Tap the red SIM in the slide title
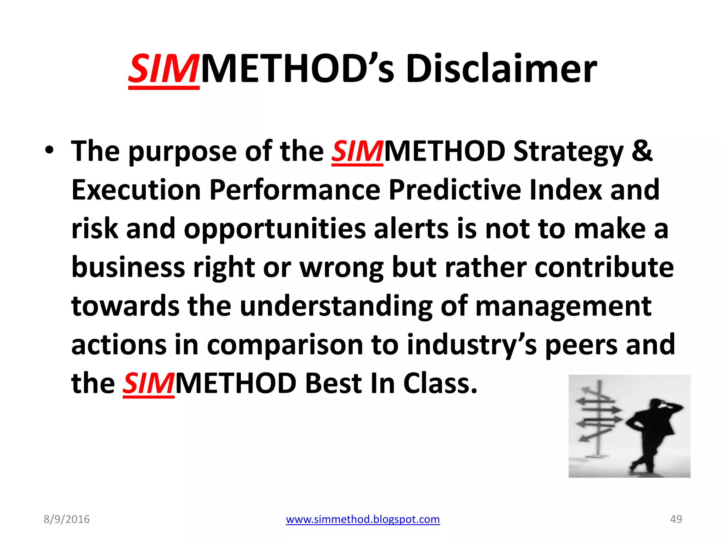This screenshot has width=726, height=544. [x=163, y=69]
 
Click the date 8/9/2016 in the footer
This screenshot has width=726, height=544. [x=67, y=519]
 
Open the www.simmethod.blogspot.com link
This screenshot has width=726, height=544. [x=363, y=519]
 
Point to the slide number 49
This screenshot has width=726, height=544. [x=676, y=519]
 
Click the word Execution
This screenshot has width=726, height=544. [x=136, y=190]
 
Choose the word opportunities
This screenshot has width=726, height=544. [x=274, y=229]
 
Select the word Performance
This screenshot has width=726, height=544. [x=295, y=190]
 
